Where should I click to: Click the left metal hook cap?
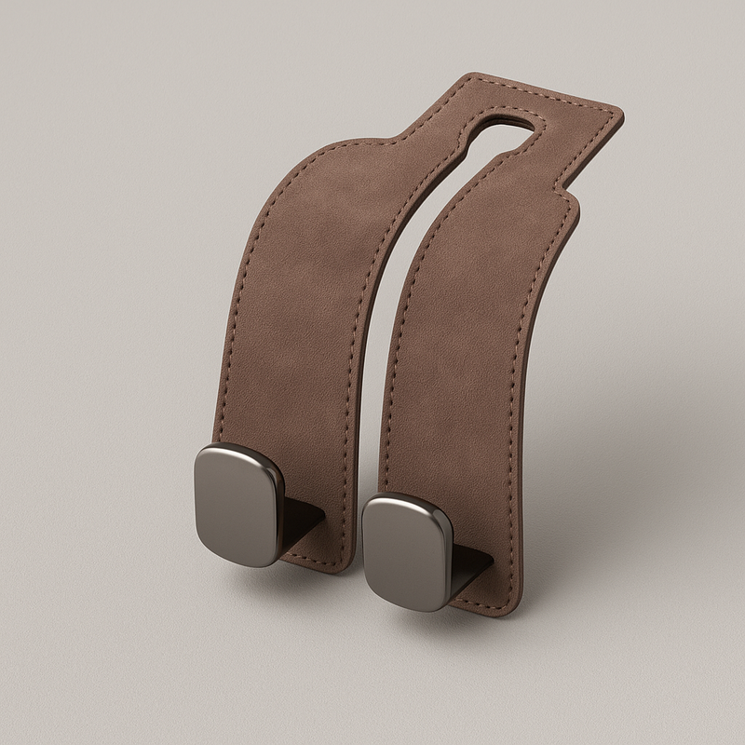click(237, 503)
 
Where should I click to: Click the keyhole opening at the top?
click(508, 121)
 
